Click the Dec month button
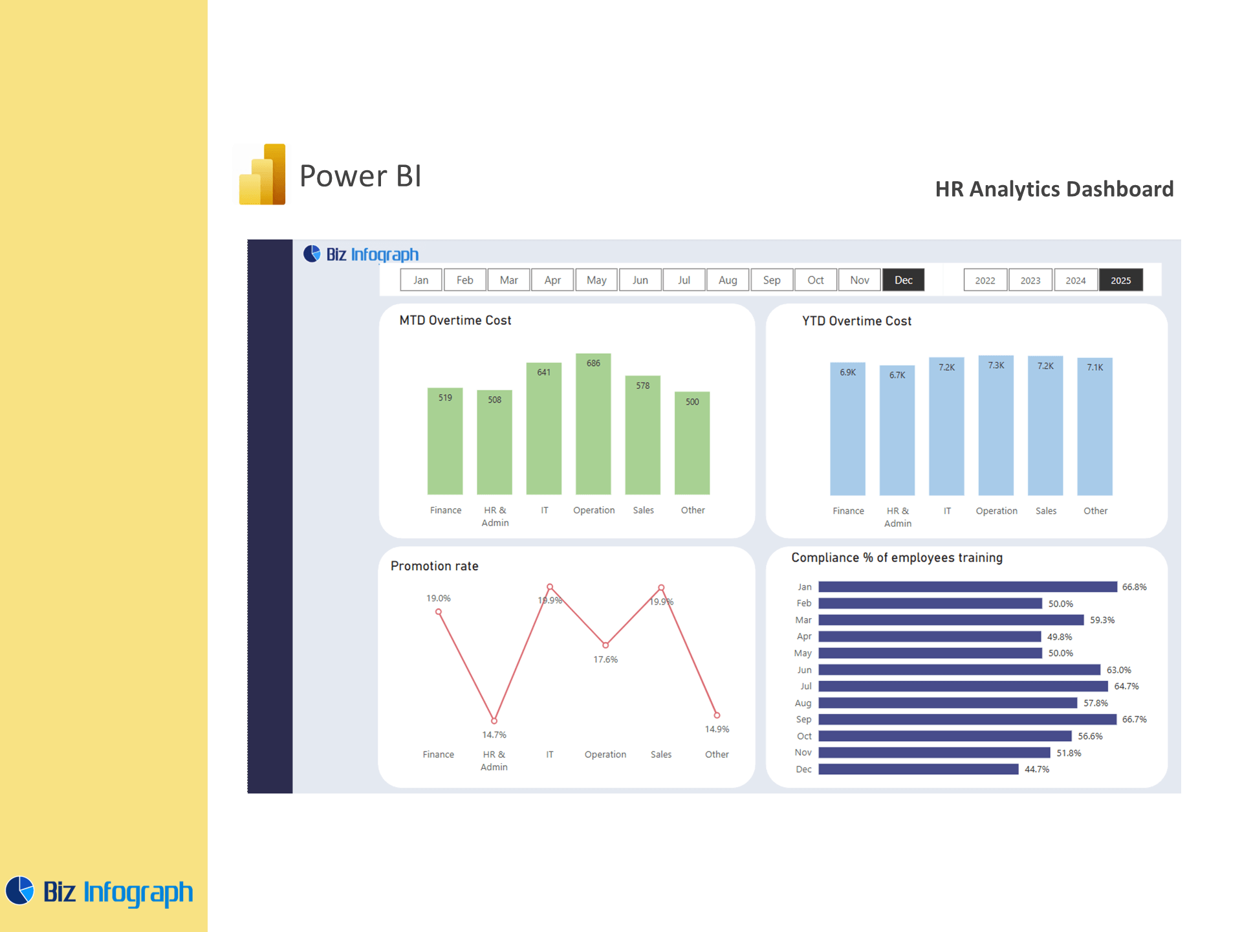tap(903, 280)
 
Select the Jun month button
tap(640, 280)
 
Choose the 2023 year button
tap(1030, 280)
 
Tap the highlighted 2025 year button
tap(1121, 280)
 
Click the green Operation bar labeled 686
tap(593, 424)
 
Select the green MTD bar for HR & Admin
tap(495, 442)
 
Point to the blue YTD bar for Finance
tap(848, 429)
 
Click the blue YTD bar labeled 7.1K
tap(1095, 427)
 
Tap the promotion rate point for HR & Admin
tap(494, 720)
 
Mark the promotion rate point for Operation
tap(605, 645)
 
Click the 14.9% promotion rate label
tap(717, 729)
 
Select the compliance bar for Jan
tap(968, 587)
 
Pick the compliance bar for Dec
tap(919, 769)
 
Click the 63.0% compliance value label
tap(1119, 670)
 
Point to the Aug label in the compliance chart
tap(803, 703)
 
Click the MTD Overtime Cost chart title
tap(455, 320)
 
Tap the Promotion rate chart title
tap(435, 566)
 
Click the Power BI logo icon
tap(263, 175)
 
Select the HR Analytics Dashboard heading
tap(1054, 189)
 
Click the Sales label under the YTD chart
tap(1046, 511)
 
